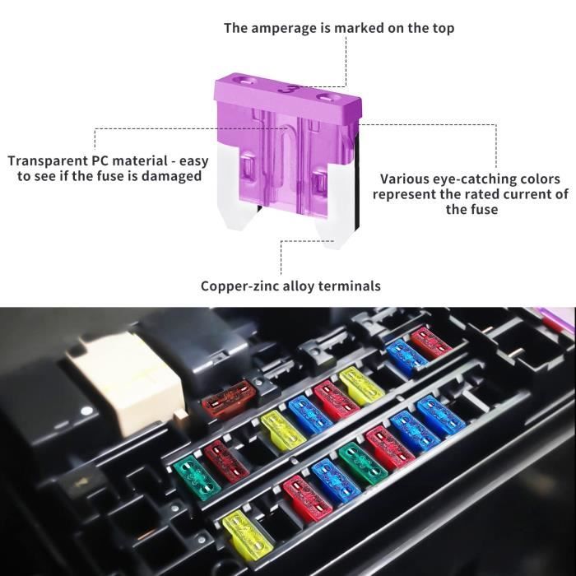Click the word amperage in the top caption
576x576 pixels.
(286, 28)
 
